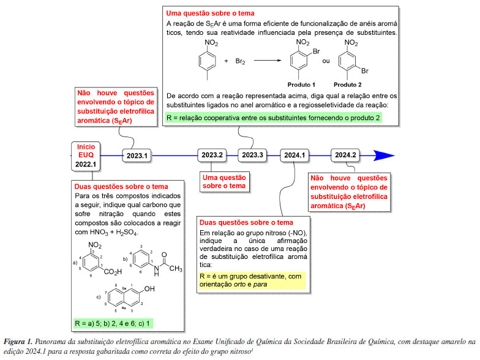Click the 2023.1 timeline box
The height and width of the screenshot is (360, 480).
(x=138, y=156)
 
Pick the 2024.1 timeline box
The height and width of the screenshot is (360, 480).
(x=294, y=156)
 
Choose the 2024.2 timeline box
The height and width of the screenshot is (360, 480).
(x=345, y=156)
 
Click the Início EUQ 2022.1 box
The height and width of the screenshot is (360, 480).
(x=85, y=156)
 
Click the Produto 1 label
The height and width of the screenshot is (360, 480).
(x=301, y=84)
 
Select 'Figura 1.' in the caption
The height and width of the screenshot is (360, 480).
(x=20, y=340)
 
